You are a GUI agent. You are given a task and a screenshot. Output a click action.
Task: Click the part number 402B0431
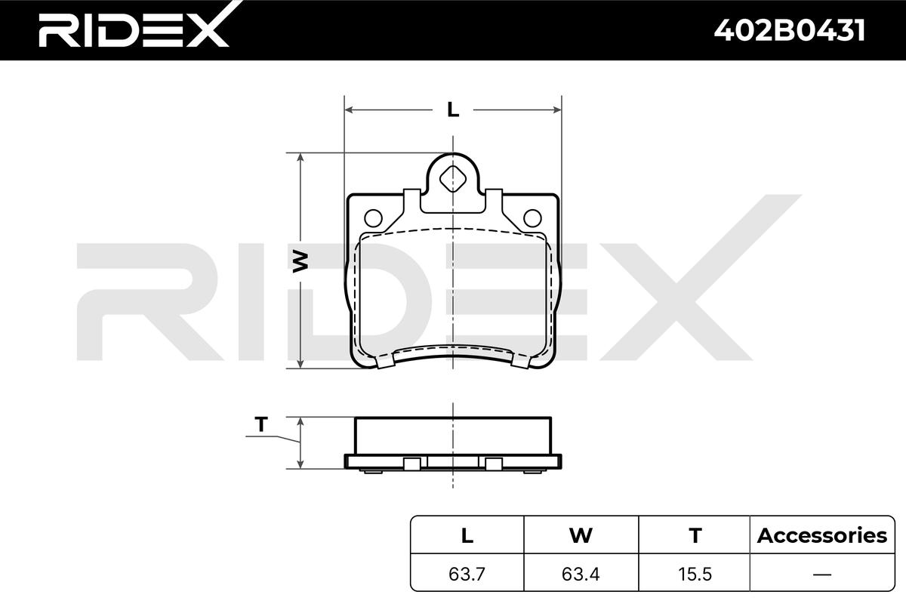pos(789,30)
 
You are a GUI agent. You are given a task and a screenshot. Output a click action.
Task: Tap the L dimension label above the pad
pos(453,109)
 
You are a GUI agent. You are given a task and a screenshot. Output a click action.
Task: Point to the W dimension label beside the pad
pos(300,261)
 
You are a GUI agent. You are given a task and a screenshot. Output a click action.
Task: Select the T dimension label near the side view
pos(261,424)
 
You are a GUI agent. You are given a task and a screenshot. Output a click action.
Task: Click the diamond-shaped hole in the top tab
pos(453,179)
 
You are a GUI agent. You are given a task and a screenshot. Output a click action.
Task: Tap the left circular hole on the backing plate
pos(373,218)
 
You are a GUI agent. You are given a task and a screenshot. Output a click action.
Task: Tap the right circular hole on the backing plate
pos(533,218)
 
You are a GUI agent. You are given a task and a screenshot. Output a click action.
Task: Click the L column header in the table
pos(467,535)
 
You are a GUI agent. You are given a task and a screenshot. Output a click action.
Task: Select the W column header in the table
pos(581,535)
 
